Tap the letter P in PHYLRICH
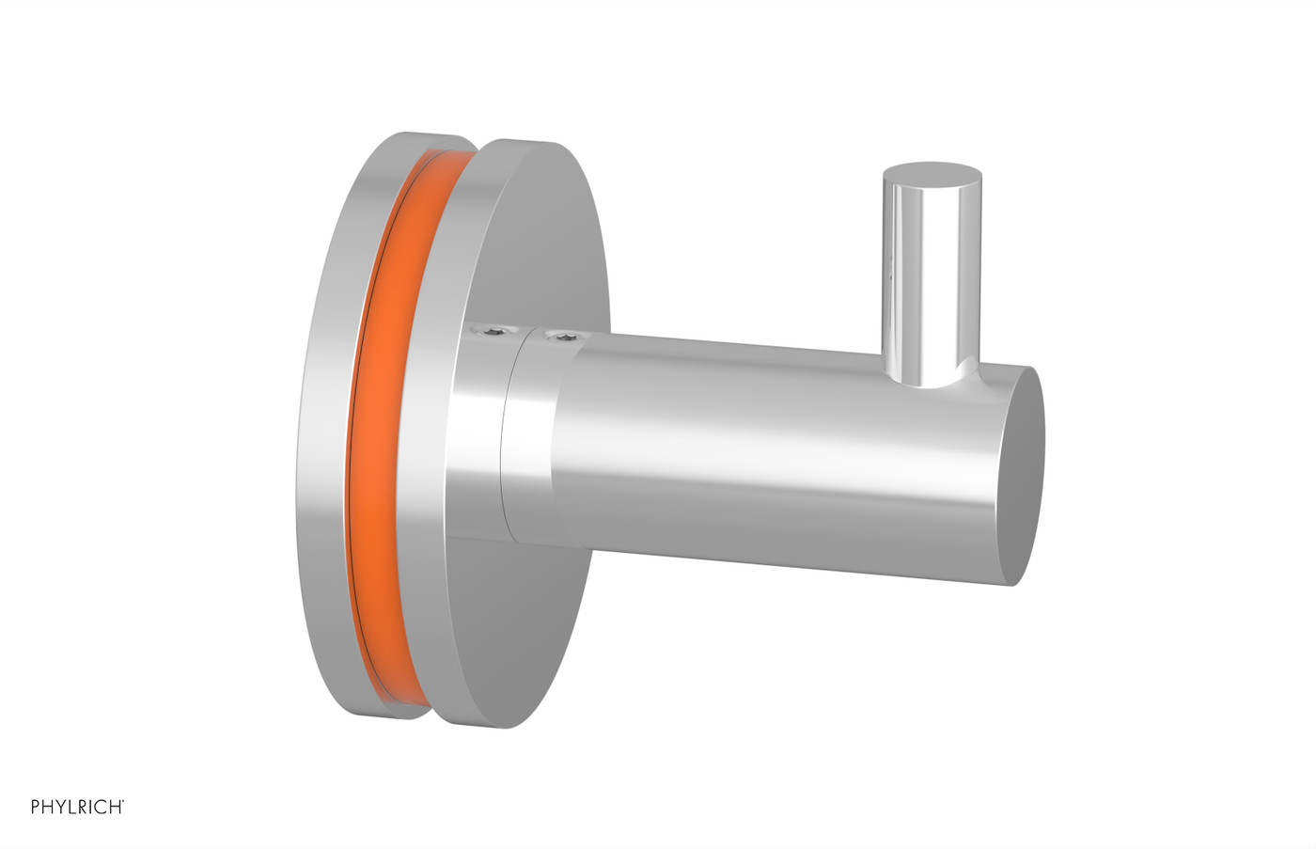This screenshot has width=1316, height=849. click(36, 807)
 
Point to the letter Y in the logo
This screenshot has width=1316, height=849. click(62, 807)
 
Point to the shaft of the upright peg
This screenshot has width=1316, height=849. click(932, 282)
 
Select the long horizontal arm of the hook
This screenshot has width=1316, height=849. click(752, 442)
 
